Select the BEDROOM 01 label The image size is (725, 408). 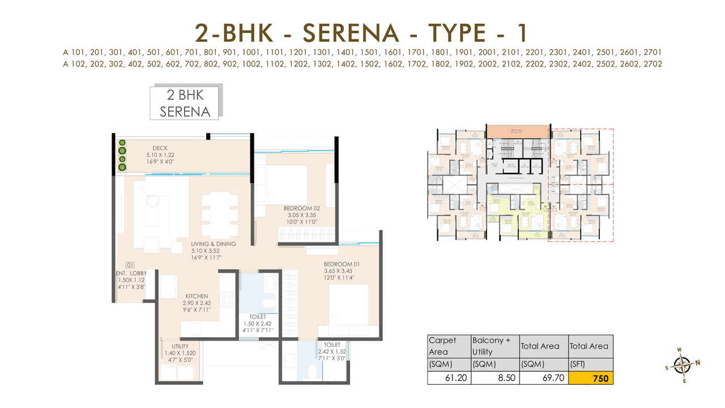pos(342,264)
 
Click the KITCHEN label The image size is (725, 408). pos(197,296)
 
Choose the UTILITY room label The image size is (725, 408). pos(180,346)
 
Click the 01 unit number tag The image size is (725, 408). pos(130,265)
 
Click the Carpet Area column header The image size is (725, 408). pos(442,346)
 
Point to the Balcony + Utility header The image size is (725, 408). pos(491,346)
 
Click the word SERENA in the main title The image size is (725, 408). pos(351,33)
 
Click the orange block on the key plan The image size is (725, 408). pos(518,131)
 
